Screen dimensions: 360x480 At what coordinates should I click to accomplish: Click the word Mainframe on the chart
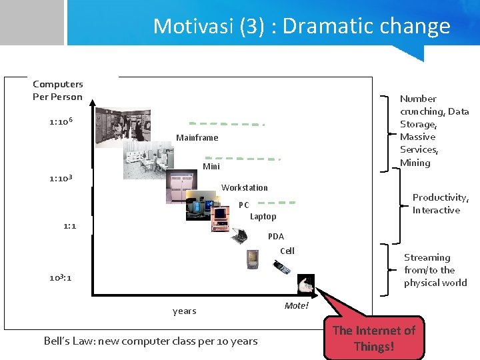(x=197, y=137)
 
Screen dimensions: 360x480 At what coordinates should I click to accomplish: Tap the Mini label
(x=211, y=166)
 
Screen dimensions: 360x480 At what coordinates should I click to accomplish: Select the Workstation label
(x=244, y=187)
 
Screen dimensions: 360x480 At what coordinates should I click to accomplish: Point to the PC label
(x=244, y=205)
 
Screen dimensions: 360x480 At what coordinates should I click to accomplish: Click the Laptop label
(x=263, y=216)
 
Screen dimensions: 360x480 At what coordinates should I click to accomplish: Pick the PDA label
(x=275, y=236)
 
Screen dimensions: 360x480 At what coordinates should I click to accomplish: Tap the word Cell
(x=287, y=251)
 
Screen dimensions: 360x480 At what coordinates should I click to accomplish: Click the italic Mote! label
(x=297, y=305)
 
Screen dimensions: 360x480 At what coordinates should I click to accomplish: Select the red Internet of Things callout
(x=373, y=338)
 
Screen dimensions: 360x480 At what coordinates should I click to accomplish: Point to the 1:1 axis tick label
(x=69, y=226)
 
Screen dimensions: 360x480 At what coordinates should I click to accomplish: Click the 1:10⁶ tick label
(x=61, y=122)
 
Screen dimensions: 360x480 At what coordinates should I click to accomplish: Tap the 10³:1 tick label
(x=60, y=277)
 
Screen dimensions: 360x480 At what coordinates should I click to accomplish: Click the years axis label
(x=184, y=311)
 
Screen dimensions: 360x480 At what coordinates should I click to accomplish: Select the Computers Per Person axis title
(x=58, y=90)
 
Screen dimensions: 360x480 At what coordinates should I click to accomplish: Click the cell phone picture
(x=281, y=267)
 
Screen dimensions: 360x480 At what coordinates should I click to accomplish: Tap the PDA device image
(x=253, y=258)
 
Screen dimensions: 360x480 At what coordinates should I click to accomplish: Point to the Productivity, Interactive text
(x=440, y=203)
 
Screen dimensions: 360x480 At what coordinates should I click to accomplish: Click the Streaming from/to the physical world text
(x=435, y=270)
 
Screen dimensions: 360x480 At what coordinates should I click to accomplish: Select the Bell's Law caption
(x=150, y=341)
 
